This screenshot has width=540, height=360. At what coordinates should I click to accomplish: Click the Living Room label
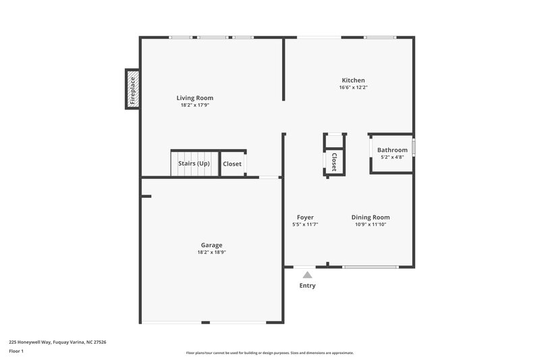[x=195, y=98]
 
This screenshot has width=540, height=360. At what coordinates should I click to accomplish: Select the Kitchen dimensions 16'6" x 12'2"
[x=353, y=87]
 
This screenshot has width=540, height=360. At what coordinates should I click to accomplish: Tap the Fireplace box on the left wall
[x=132, y=88]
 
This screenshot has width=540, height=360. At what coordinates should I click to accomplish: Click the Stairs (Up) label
[x=194, y=163]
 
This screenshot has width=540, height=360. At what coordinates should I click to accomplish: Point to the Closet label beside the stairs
[x=232, y=163]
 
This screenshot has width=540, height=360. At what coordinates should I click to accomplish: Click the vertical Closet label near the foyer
[x=334, y=162]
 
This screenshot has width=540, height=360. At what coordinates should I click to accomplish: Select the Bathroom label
[x=392, y=150]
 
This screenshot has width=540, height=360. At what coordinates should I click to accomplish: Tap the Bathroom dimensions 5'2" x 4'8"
[x=392, y=157]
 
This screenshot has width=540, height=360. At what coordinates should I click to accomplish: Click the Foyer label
[x=305, y=217]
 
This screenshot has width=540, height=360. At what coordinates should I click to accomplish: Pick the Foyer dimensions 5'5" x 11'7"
[x=305, y=225]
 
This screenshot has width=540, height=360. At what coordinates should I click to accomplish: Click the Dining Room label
[x=371, y=217]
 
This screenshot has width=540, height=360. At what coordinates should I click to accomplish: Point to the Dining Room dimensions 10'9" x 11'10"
[x=371, y=225]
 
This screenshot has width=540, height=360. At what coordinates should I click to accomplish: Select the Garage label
[x=211, y=245]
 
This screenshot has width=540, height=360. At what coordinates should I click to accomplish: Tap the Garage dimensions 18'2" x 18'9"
[x=211, y=253]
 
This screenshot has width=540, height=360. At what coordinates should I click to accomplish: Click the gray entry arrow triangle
[x=308, y=275]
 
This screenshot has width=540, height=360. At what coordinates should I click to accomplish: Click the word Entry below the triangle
[x=308, y=286]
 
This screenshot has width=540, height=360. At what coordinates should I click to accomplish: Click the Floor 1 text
[x=16, y=351]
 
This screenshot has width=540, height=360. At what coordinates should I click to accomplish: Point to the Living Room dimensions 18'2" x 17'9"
[x=195, y=105]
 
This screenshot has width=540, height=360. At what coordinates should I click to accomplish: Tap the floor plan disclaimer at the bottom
[x=270, y=353]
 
